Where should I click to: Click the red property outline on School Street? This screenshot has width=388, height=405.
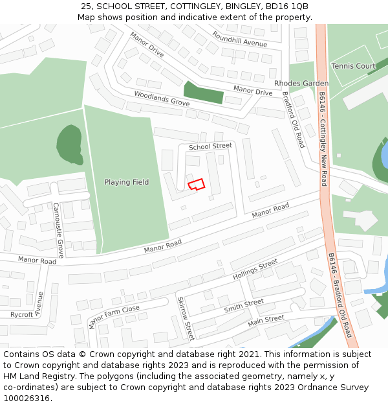tap(197, 184)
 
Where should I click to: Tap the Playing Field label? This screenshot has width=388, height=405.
tap(127, 182)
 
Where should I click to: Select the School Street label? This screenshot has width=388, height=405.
tap(210, 146)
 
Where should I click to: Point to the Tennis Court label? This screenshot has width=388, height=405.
tap(353, 66)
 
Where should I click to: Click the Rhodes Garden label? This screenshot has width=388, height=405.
tap(301, 84)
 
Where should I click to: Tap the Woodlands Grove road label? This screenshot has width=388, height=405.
tap(162, 98)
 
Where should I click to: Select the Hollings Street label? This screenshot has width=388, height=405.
tap(255, 269)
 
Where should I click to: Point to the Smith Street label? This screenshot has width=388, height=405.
tap(244, 306)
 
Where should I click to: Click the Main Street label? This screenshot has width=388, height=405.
tap(266, 319)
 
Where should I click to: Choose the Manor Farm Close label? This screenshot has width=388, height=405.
tap(114, 317)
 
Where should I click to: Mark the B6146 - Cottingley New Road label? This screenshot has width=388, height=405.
tap(323, 139)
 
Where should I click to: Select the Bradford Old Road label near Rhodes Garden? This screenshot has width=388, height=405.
tap(293, 120)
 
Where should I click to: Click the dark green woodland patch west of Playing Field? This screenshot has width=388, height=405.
tap(69, 145)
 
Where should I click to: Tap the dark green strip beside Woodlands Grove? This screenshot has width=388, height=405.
tap(203, 93)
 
